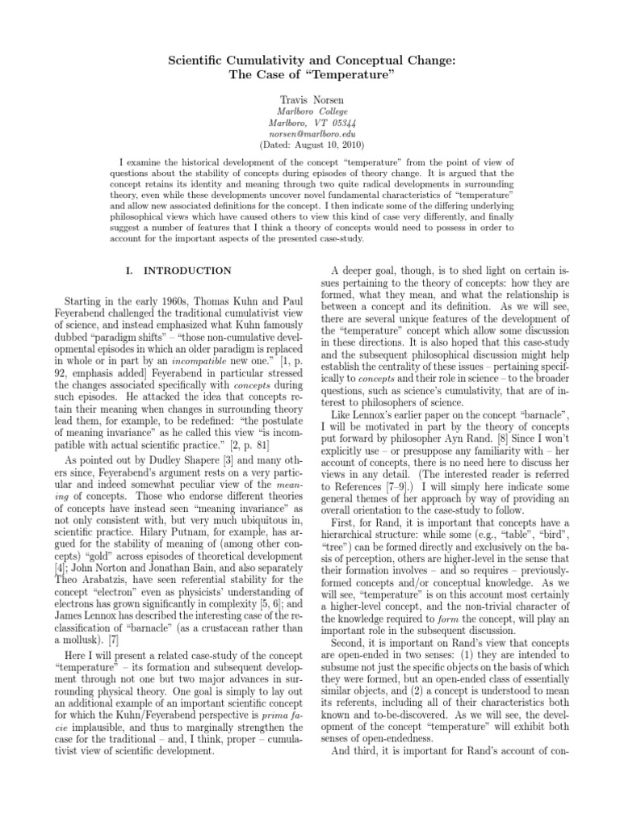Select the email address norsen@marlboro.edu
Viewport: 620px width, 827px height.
pyautogui.click(x=311, y=133)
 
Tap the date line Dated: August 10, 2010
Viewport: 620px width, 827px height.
pyautogui.click(x=311, y=145)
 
